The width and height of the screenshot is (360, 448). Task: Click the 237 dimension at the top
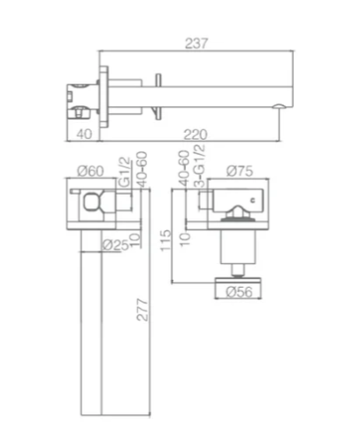(x=196, y=43)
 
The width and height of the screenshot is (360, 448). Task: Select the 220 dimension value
(x=195, y=135)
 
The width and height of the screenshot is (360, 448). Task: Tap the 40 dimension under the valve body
(x=84, y=135)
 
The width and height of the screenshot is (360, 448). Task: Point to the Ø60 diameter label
(x=91, y=171)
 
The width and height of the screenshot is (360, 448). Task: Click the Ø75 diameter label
(x=240, y=171)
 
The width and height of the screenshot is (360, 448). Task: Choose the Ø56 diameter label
(x=240, y=292)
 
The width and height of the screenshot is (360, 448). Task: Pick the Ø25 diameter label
(x=116, y=245)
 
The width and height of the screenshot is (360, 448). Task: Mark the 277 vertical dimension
(x=142, y=310)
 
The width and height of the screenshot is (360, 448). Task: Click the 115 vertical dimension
(x=165, y=240)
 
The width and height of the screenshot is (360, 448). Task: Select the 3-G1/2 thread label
(x=200, y=166)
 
